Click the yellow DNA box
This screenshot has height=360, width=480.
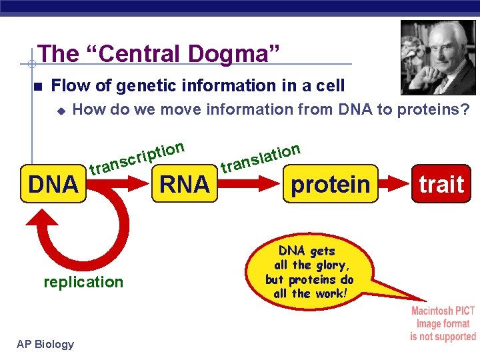[x=53, y=183]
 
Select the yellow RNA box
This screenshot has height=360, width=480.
[x=185, y=183]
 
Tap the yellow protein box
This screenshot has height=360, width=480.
[x=330, y=183]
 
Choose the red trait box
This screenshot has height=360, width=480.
[x=441, y=183]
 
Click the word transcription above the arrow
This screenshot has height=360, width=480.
[x=137, y=156]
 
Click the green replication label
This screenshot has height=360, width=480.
[x=83, y=282]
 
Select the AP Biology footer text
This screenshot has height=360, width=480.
[x=45, y=344]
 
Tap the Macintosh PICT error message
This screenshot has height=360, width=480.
[x=443, y=323]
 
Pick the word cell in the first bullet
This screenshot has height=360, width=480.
[x=330, y=85]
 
